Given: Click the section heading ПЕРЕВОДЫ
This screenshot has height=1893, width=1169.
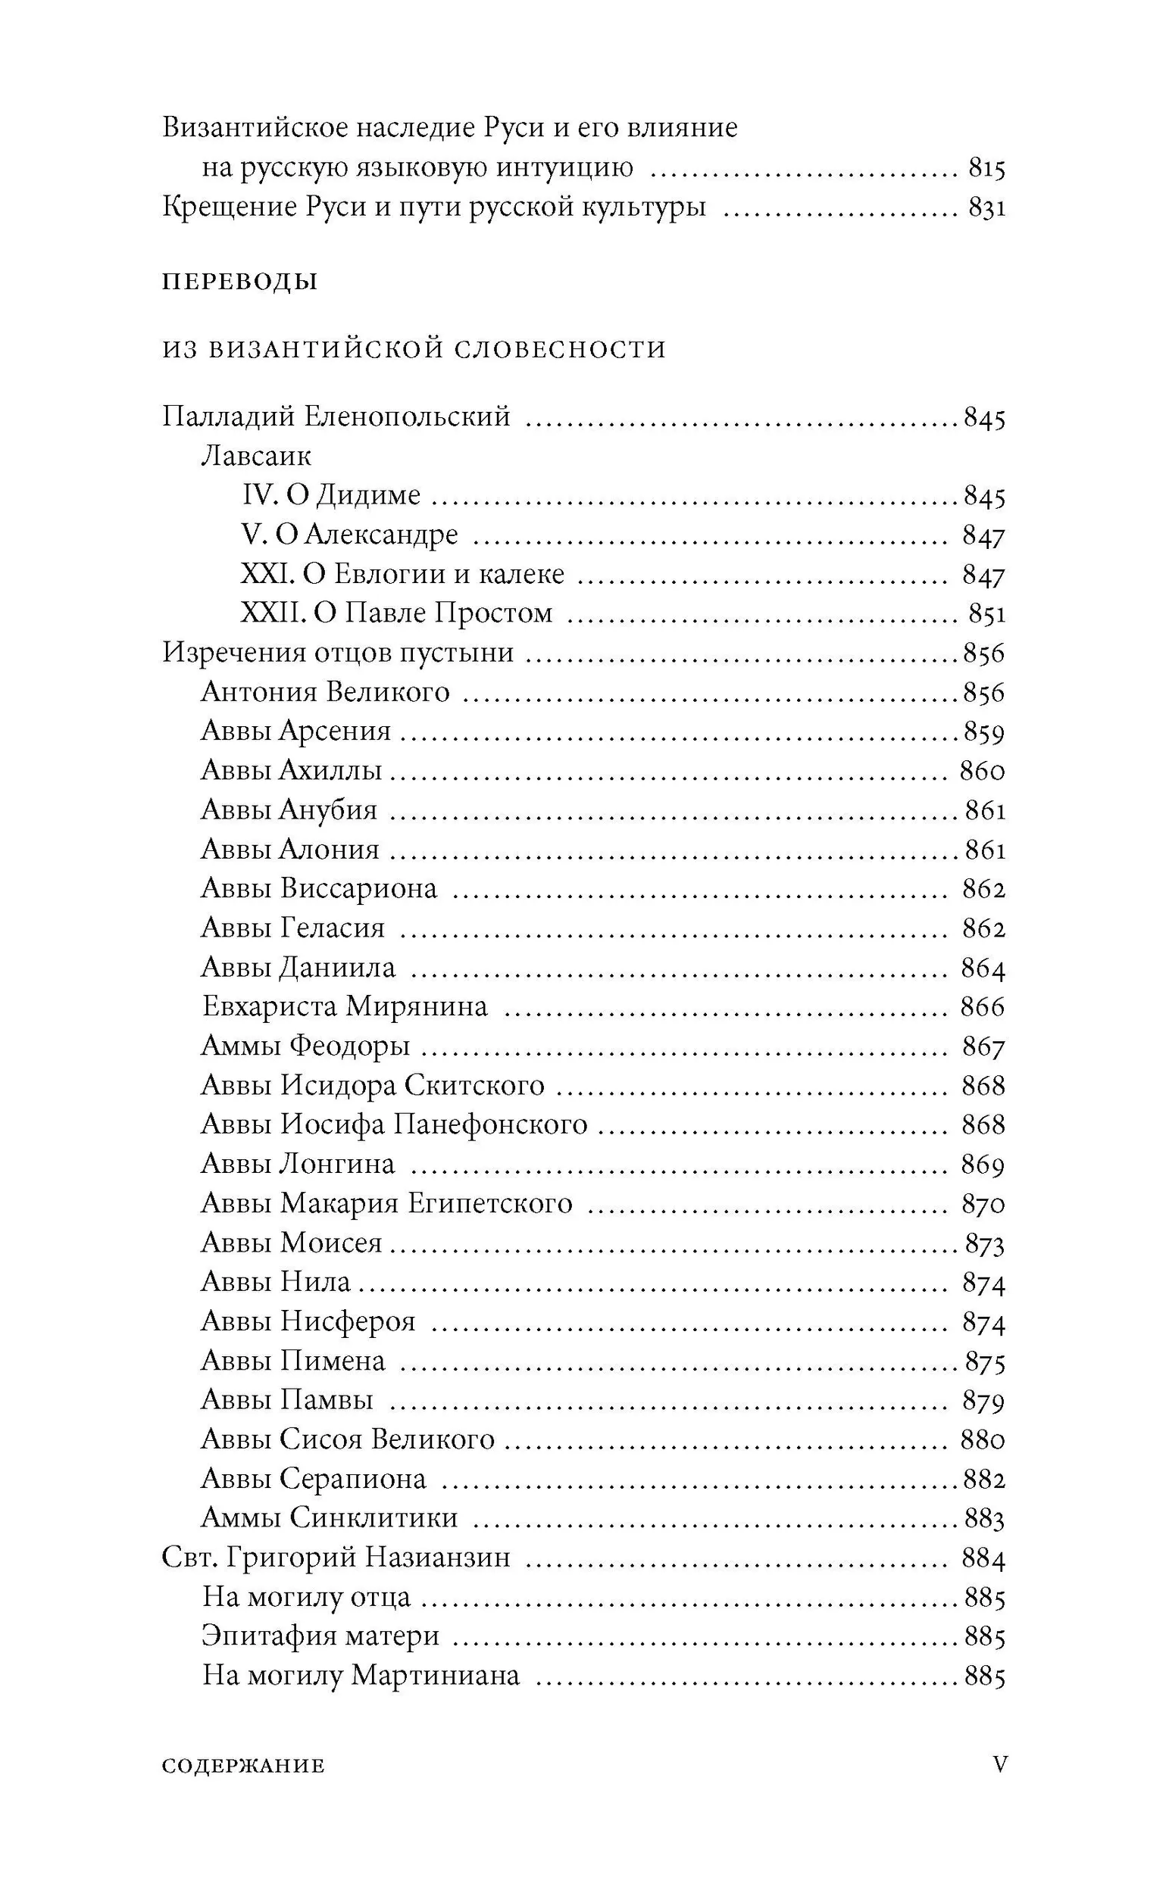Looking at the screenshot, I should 239,281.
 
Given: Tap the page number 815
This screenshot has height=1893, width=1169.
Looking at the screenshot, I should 986,167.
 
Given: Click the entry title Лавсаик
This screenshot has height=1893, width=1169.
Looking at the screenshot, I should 256,456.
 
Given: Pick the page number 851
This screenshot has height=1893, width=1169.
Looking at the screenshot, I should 986,613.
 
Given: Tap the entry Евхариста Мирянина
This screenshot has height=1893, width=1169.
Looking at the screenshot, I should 345,1006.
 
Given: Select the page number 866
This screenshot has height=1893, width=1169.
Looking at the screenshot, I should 983,1007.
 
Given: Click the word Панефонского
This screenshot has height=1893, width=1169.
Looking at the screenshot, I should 490,1124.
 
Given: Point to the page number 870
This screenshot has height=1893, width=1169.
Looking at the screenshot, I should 983,1204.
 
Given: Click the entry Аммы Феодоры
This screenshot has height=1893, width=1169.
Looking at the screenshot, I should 305,1046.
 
